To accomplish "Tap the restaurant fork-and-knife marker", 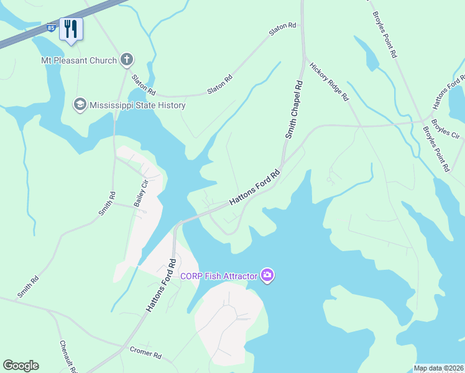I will pyautogui.click(x=71, y=29).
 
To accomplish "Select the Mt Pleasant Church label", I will pyautogui.click(x=79, y=60).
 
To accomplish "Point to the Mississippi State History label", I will pyautogui.click(x=137, y=105).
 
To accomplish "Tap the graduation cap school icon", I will pyautogui.click(x=80, y=104).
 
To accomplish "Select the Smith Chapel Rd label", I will pyautogui.click(x=294, y=109).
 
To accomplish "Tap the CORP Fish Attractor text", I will pyautogui.click(x=219, y=275).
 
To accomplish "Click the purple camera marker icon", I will pyautogui.click(x=267, y=275).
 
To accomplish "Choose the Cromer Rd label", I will pyautogui.click(x=145, y=352).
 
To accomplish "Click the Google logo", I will pyautogui.click(x=21, y=366).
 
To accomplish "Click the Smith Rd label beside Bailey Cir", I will pyautogui.click(x=107, y=204).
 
